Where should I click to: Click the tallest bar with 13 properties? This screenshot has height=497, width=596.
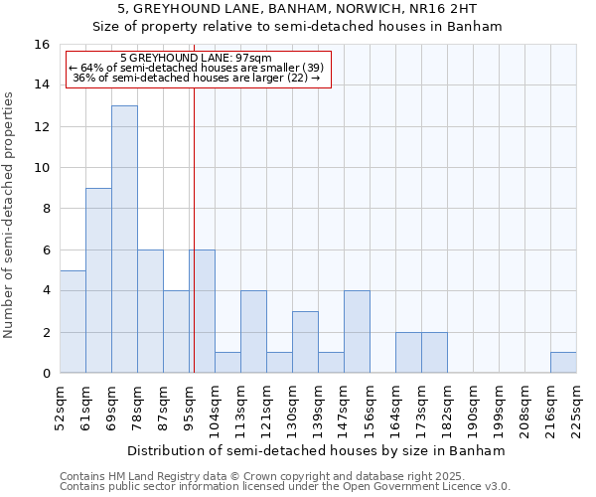[x=124, y=239]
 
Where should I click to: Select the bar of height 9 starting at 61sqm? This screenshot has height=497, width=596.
[x=98, y=280]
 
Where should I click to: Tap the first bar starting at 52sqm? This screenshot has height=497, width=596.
[x=73, y=321]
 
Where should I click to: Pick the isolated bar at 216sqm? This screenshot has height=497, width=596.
[x=563, y=363]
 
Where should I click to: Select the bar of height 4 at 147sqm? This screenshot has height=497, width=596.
[x=357, y=332]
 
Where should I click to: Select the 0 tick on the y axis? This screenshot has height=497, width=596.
[x=46, y=374]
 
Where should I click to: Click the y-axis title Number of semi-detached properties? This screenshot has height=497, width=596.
[x=10, y=215]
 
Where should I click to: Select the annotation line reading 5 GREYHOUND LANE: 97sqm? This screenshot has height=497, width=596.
[x=196, y=59]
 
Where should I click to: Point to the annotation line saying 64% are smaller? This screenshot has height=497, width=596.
[x=197, y=68]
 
